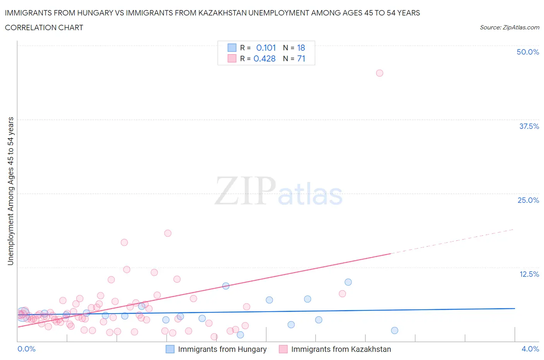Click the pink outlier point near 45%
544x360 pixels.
380,73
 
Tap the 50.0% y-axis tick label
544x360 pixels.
528,52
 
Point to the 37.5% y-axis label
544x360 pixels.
529,126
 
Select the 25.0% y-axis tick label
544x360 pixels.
528,200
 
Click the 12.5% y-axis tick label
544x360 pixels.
529,274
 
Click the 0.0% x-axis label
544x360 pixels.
26,349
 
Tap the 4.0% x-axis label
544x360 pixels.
530,349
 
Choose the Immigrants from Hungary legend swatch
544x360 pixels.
170,349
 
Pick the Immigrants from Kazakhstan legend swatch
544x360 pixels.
283,349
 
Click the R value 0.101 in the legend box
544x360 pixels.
266,48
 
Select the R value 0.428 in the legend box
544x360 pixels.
265,58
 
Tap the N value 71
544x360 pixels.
301,58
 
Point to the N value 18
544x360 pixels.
301,48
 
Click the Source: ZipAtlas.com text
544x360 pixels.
509,27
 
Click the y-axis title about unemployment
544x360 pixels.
10,191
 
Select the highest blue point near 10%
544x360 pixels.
348,282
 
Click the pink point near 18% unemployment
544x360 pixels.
168,233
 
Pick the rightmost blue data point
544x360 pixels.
395,330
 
